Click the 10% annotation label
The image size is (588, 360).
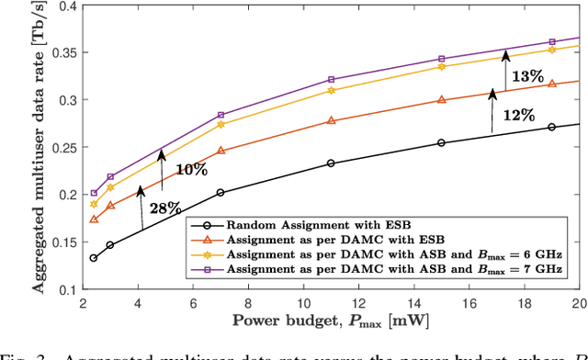point(191,170)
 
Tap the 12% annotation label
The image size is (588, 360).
point(519,117)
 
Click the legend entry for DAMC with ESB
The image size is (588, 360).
point(313,237)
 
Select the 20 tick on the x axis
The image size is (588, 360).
point(577,303)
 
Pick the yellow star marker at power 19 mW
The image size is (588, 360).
point(551,50)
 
